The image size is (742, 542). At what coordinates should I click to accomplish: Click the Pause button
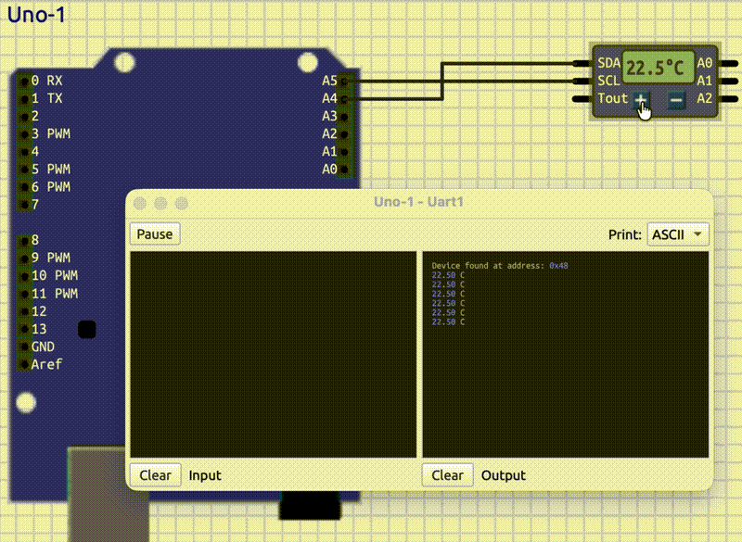155,233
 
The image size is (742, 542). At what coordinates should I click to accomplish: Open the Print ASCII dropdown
678,233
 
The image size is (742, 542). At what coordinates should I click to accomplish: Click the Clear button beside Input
155,475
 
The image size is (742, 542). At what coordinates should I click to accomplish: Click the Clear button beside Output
447,475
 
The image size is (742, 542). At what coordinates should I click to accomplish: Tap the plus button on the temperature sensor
641,100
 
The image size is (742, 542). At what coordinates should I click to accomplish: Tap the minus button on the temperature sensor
677,100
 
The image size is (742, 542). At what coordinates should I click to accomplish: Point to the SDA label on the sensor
608,63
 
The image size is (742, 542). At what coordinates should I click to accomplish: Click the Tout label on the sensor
612,98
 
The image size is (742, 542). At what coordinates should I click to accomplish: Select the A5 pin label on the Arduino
329,81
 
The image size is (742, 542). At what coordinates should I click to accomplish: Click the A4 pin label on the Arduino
329,98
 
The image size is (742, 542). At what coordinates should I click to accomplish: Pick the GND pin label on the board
44,347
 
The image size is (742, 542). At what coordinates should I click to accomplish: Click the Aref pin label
46,364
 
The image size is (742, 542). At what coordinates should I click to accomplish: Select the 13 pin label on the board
39,329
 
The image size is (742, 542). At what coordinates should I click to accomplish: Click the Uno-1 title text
36,16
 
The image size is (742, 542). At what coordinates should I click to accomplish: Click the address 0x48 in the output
558,266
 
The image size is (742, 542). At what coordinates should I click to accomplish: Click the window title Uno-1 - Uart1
418,203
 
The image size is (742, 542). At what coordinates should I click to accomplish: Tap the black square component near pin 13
87,330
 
